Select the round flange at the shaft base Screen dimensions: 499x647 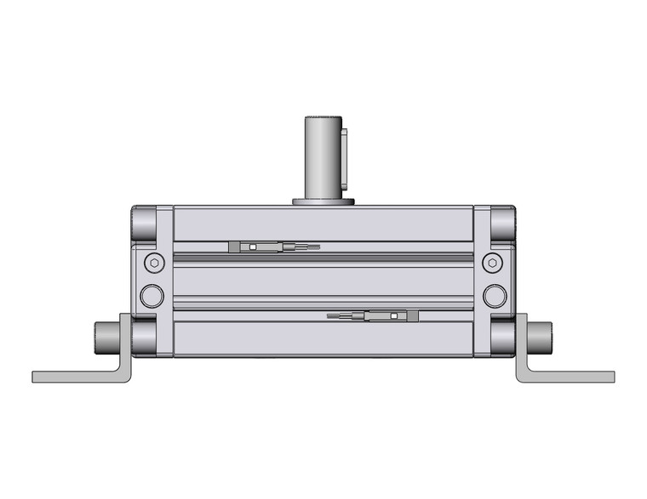coord(323,201)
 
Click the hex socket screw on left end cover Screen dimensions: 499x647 coord(152,261)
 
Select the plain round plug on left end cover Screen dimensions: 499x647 coord(152,295)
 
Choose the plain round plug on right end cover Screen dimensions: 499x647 coord(494,295)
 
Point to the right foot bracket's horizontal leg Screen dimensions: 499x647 coord(570,376)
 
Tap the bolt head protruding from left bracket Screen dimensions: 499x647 coord(105,337)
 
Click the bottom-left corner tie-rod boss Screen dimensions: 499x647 coord(144,335)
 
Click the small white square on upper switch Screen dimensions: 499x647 coord(252,247)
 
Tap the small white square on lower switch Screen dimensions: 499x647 coord(393,316)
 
